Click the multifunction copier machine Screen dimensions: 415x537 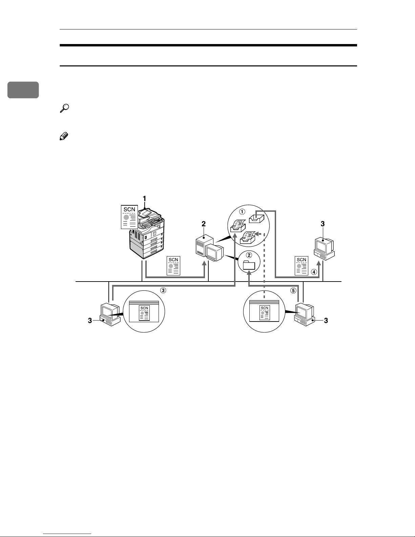[x=147, y=233]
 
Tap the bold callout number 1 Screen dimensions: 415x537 [x=145, y=199]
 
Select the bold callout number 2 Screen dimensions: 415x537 [x=204, y=224]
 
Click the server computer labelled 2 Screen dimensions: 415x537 [x=209, y=248]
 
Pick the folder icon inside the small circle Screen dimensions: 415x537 [x=249, y=265]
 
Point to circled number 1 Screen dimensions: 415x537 [x=242, y=212]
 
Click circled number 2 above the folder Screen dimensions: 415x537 [x=249, y=255]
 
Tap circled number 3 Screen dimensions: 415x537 [x=163, y=290]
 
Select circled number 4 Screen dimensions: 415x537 [x=314, y=272]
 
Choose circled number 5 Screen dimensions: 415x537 [x=293, y=291]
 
